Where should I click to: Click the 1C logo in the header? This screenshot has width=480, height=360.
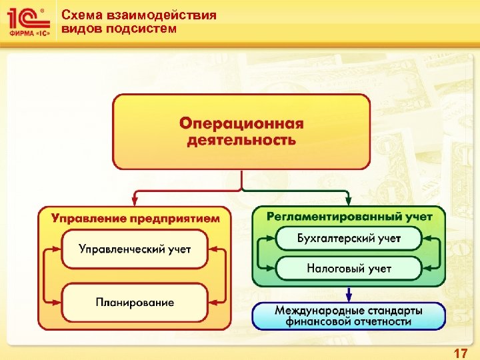tap(28, 21)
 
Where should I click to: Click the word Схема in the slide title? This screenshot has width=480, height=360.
tap(78, 15)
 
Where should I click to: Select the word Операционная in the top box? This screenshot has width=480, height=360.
tap(241, 124)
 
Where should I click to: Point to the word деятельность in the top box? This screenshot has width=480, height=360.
tap(241, 140)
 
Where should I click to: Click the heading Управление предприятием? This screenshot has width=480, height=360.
tap(135, 217)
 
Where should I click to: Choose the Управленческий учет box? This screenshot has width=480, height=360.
tap(135, 249)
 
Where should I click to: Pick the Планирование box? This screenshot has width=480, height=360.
tap(135, 302)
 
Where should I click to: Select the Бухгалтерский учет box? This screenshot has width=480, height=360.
tap(349, 238)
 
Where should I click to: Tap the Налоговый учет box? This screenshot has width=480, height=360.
tap(349, 269)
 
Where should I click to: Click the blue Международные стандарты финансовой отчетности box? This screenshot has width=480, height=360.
tap(349, 316)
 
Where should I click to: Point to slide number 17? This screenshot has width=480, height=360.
tap(460, 353)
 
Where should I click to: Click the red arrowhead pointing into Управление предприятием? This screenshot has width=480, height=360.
tap(135, 200)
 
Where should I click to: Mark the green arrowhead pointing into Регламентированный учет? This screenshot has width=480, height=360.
tap(349, 200)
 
